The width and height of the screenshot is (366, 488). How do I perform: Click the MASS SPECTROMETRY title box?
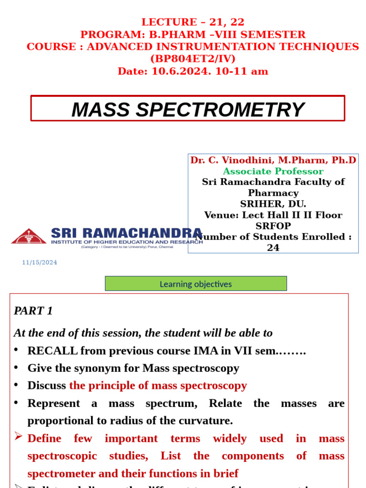tap(188, 109)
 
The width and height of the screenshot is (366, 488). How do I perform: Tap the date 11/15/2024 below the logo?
tap(40, 263)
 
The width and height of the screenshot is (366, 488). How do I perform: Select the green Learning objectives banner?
tap(196, 284)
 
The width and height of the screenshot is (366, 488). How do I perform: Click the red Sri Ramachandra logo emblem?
tap(29, 236)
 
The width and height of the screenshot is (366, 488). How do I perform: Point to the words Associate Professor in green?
tap(273, 171)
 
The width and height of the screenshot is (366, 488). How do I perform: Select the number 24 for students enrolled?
tap(273, 248)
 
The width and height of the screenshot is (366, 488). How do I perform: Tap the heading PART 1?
tap(33, 311)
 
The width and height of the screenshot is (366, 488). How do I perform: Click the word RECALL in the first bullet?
tap(52, 351)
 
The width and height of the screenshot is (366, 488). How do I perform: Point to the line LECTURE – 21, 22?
tap(193, 22)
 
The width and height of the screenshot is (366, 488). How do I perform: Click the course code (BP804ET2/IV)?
tap(193, 59)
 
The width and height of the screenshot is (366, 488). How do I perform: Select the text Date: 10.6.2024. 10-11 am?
tap(193, 71)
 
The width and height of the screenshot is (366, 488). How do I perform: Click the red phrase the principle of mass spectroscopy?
tap(158, 386)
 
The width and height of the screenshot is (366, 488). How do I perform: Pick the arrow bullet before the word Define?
tap(18, 437)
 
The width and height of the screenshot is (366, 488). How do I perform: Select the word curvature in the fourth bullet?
tap(207, 421)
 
